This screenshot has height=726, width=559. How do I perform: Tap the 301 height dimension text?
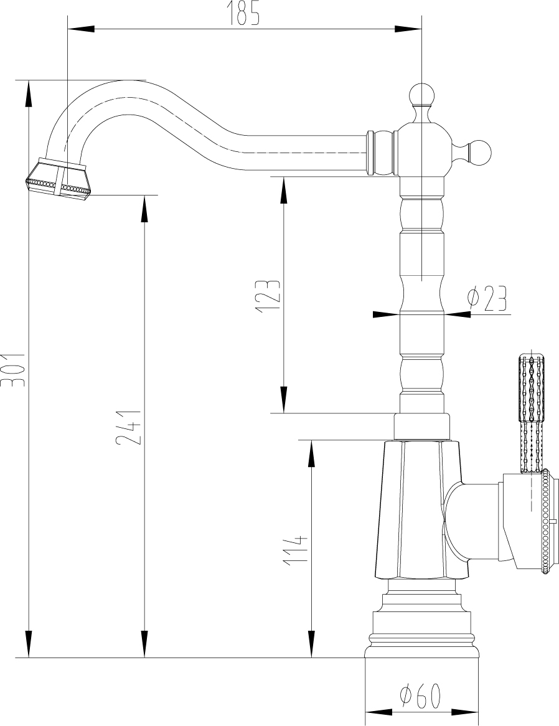[13, 370]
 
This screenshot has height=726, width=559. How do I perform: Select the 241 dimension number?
[128, 427]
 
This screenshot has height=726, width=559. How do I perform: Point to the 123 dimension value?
[268, 296]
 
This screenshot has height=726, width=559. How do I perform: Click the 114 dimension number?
[296, 550]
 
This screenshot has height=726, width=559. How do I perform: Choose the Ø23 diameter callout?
[487, 298]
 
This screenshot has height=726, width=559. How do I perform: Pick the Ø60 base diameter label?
[420, 693]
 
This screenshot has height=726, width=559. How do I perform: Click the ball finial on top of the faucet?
[421, 95]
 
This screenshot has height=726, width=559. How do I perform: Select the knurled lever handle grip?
[531, 413]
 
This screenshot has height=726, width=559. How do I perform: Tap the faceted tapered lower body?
[420, 510]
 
